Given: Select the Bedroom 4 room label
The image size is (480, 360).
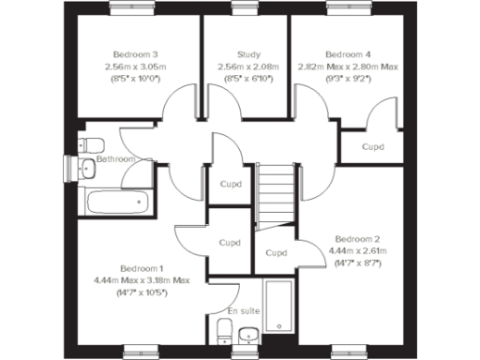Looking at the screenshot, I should [x=348, y=55].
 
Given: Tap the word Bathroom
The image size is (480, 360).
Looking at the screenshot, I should [x=116, y=159].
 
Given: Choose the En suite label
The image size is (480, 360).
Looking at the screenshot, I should [x=245, y=310].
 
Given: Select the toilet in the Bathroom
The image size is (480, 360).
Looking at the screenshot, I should [x=90, y=145].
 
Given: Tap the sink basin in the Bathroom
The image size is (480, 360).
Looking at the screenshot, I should [x=86, y=169].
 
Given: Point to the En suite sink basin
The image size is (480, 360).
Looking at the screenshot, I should [x=248, y=334].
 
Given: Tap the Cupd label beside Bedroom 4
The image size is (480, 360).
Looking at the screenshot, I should [x=374, y=147].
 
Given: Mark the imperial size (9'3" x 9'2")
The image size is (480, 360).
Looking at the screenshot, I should [x=348, y=80].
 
